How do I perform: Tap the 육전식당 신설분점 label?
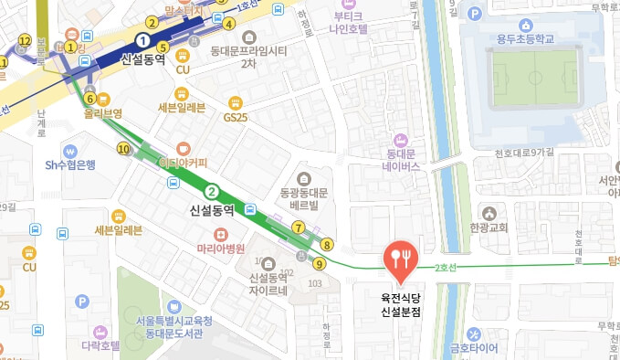pos(400,304)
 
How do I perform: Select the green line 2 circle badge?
pos(212,192)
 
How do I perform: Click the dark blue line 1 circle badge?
pos(142,40)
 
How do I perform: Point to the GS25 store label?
pos(236,117)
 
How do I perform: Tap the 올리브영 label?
pos(103,115)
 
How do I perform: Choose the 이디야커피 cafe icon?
pos(184,147)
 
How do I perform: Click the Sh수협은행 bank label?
pos(71,165)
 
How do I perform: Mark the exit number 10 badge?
pos(123,148)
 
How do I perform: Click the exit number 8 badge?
pos(327,244)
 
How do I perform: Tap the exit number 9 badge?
pos(318,264)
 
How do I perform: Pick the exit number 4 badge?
pos(229,24)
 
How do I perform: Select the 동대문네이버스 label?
pos(401,160)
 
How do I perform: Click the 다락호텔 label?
pos(100,346)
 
